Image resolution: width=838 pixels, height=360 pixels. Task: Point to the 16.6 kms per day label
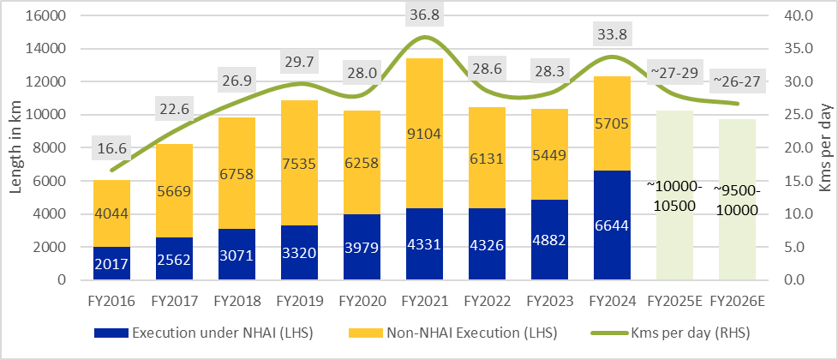pos(112,149)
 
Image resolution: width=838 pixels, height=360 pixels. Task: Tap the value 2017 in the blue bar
pos(112,263)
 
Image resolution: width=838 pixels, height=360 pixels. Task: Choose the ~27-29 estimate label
pos(675,72)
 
